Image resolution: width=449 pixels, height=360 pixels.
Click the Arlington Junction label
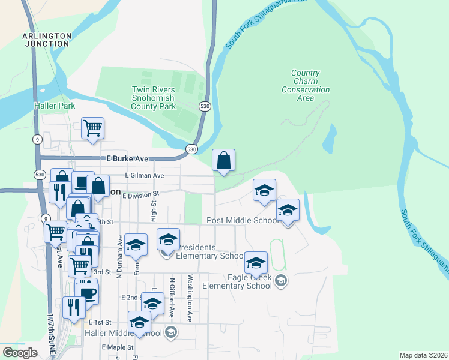(47, 40)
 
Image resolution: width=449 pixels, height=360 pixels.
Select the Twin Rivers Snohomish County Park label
(154, 98)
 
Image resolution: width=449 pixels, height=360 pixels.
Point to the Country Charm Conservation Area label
(306, 85)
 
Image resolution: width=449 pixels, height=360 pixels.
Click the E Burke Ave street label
(127, 159)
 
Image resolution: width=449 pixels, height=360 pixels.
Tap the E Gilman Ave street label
(144, 175)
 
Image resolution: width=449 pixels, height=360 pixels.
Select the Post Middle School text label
(243, 220)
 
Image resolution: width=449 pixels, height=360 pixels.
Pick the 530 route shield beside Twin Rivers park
(205, 106)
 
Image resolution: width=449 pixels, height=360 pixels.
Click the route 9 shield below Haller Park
(37, 139)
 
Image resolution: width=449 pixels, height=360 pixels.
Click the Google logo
(20, 353)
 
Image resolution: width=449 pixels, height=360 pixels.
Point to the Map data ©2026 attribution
(423, 355)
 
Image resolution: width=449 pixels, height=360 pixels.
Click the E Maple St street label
(117, 347)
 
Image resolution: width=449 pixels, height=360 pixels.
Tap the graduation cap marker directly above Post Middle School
(264, 190)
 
